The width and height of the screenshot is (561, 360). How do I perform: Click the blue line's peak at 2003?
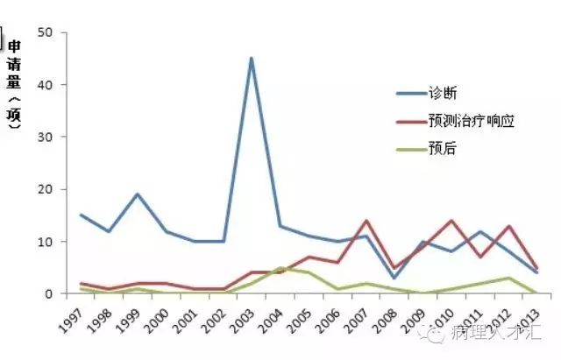(252, 59)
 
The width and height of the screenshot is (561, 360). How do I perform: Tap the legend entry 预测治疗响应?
(469, 121)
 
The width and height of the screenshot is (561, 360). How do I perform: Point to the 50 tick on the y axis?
(46, 33)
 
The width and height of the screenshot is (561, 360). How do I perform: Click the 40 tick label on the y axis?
(46, 85)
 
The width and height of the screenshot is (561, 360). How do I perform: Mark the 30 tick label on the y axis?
(46, 138)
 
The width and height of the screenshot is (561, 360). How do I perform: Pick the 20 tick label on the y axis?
(46, 189)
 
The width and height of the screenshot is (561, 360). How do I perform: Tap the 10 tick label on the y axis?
(46, 242)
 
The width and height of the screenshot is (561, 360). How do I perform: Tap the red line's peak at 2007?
(366, 221)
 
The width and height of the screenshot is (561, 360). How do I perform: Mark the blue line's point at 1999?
(138, 194)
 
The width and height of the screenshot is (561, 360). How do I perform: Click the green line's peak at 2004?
(280, 268)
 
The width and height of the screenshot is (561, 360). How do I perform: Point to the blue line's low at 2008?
(394, 278)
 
